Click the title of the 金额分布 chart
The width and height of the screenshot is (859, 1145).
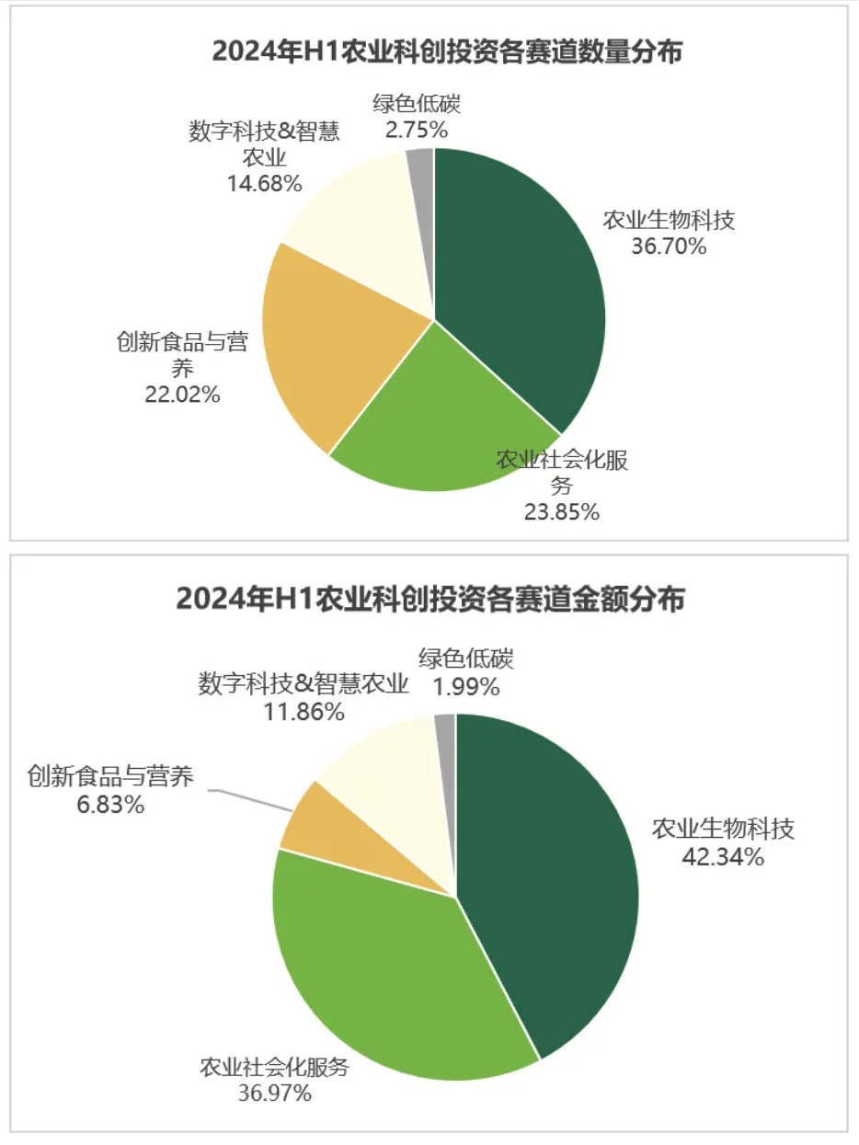pos(430,601)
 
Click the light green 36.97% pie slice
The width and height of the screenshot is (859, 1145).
pos(386,975)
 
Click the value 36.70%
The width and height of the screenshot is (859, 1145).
pos(669,246)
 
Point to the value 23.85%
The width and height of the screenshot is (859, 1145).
pos(561,512)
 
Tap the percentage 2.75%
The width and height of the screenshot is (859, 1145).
pos(417,129)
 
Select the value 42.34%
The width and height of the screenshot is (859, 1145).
pos(722,857)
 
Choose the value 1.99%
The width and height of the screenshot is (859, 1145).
pos(467,686)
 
